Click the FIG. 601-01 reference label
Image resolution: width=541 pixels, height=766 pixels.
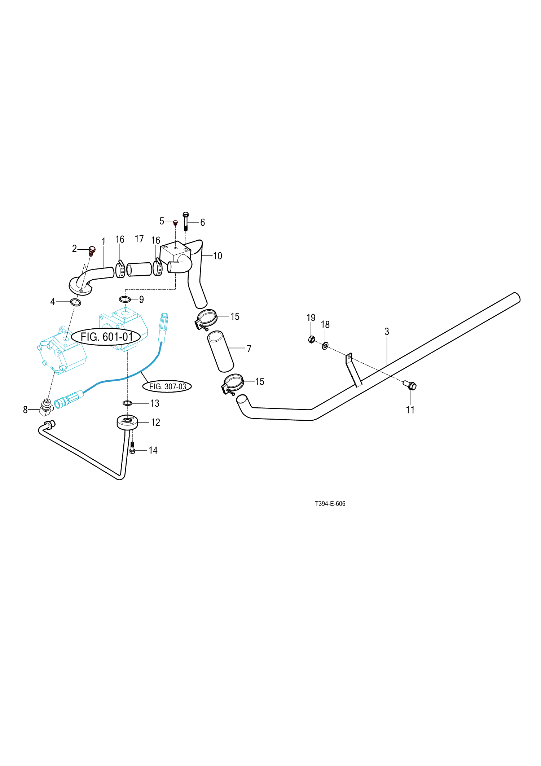106,337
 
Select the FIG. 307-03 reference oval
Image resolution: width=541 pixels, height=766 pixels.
167,386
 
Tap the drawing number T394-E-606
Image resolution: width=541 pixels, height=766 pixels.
330,504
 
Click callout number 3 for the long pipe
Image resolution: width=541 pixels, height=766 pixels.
387,332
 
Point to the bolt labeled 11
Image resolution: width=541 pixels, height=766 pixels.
411,386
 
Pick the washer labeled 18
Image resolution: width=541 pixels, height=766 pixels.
325,346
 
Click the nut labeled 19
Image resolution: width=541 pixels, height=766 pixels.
312,339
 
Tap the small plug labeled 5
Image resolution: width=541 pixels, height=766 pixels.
176,222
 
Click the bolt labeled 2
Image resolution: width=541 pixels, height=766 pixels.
92,250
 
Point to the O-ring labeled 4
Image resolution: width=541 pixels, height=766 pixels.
76,302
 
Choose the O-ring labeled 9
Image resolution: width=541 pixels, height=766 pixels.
125,299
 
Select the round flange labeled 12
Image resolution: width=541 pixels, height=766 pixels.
127,422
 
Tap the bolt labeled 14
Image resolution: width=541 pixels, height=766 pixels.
132,448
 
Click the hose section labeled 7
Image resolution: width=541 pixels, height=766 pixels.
220,351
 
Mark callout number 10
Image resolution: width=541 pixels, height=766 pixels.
217,256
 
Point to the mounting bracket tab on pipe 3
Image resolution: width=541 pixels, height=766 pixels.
353,370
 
